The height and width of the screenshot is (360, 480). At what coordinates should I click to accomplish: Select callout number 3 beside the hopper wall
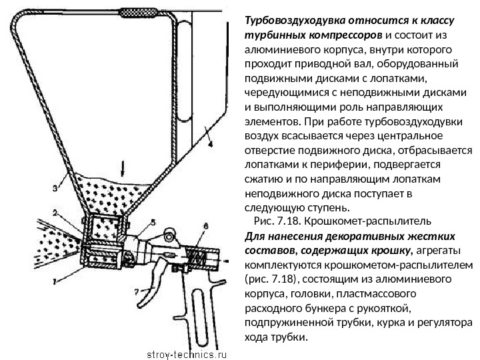pyautogui.click(x=55, y=188)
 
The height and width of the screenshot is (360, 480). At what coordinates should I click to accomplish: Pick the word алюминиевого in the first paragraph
pyautogui.click(x=275, y=49)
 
